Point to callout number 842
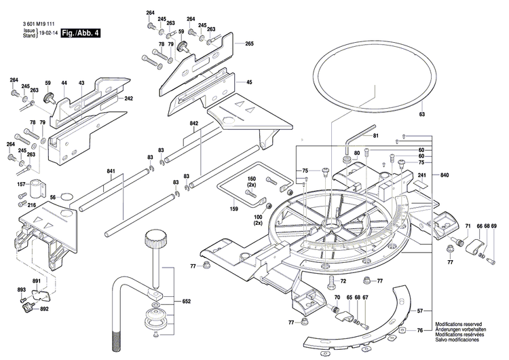194,124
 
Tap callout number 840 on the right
445,175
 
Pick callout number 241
421,175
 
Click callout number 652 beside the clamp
187,301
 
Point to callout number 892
44,309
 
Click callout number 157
21,184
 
